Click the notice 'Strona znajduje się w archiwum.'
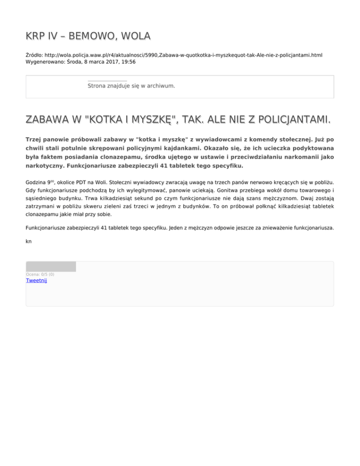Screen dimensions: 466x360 (131, 86)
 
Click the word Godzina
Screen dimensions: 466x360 (37, 180)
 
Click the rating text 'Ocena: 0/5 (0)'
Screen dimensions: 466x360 (40, 274)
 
